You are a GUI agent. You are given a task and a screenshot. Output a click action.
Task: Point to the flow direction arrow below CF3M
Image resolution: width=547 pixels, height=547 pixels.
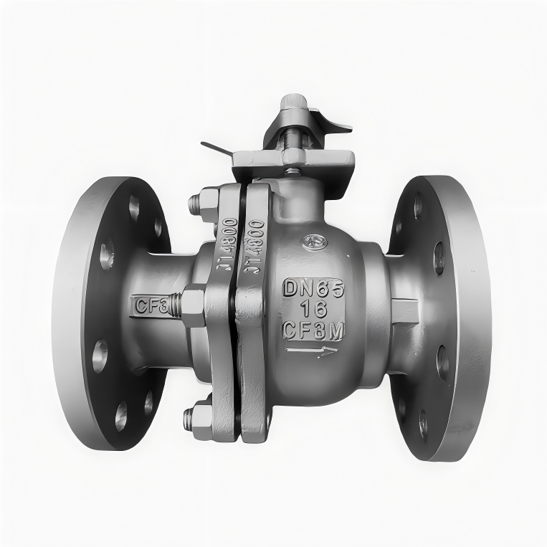tap(311, 351)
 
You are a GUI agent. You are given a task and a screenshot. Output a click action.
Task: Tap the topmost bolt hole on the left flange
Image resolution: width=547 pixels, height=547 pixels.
tap(134, 206)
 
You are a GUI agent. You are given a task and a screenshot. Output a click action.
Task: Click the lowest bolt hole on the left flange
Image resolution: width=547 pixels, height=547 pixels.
tap(122, 416)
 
